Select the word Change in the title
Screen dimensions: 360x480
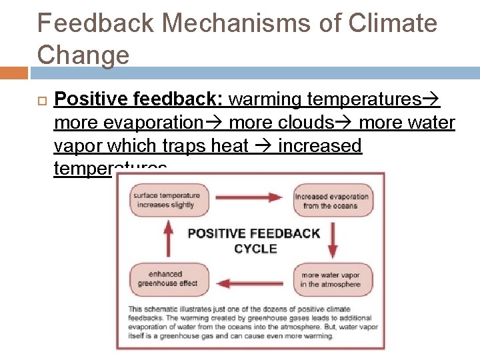pyautogui.click(x=83, y=54)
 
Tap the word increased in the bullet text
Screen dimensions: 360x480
pyautogui.click(x=320, y=146)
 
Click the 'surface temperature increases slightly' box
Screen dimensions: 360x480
pyautogui.click(x=166, y=201)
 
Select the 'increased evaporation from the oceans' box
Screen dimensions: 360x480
pyautogui.click(x=333, y=201)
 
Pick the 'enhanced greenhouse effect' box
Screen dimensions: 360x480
pyautogui.click(x=165, y=279)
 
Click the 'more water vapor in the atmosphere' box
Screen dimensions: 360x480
pyautogui.click(x=331, y=279)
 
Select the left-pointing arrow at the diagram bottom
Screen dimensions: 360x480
pyautogui.click(x=251, y=283)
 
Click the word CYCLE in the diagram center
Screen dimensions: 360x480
pyautogui.click(x=255, y=249)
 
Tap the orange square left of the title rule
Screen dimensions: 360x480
pyautogui.click(x=13, y=73)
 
